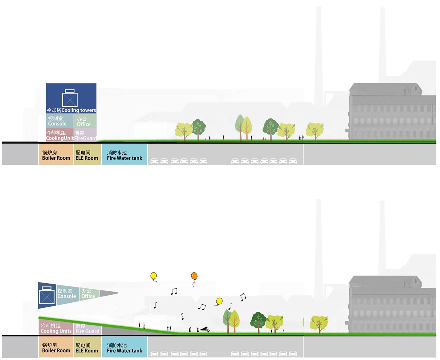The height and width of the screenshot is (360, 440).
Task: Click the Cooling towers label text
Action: pyautogui.click(x=71, y=110)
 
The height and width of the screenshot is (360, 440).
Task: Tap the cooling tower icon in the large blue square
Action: pyautogui.click(x=70, y=98)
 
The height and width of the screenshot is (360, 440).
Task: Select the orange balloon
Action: pyautogui.click(x=194, y=276)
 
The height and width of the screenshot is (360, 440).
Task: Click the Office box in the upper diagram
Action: pyautogui.click(x=85, y=121)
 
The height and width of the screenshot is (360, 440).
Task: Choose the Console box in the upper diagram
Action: pyautogui.click(x=60, y=121)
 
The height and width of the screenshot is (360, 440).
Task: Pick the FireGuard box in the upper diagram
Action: pyautogui.click(x=85, y=135)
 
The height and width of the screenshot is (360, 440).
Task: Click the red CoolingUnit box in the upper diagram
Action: pyautogui.click(x=60, y=135)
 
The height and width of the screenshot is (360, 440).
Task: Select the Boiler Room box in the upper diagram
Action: pyautogui.click(x=56, y=155)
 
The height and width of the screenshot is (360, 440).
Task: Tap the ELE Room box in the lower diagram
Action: pyautogui.click(x=87, y=348)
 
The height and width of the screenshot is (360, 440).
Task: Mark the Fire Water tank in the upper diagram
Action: pyautogui.click(x=124, y=155)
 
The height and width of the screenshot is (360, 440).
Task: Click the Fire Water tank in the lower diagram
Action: pyautogui.click(x=124, y=348)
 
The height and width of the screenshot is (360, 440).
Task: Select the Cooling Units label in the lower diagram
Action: pyautogui.click(x=56, y=331)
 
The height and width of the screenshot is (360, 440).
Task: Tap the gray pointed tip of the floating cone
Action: pyautogui.click(x=109, y=293)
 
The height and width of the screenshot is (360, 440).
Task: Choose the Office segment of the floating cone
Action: pyautogui.click(x=89, y=294)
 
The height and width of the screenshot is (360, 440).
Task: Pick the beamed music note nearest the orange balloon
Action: pyautogui.click(x=174, y=292)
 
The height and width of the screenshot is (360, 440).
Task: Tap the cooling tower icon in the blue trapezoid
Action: pyautogui.click(x=47, y=295)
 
